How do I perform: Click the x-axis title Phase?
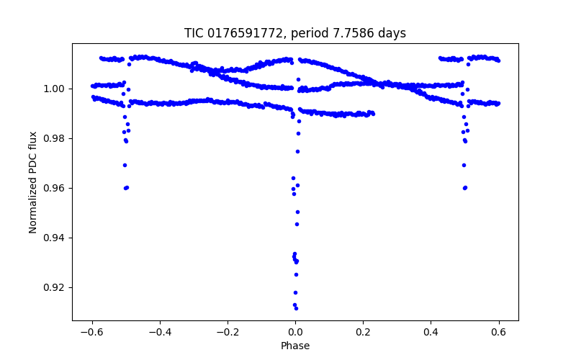click(x=295, y=346)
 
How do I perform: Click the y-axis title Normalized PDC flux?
click(x=33, y=181)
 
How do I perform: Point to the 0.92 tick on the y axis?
click(x=55, y=287)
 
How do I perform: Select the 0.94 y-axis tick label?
click(x=55, y=238)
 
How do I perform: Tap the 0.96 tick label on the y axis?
click(x=55, y=188)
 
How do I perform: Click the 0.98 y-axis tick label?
click(x=55, y=138)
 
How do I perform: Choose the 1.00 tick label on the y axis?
click(x=55, y=89)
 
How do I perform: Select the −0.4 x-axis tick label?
click(x=160, y=333)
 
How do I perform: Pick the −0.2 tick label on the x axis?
click(x=228, y=333)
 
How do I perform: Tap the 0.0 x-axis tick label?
click(x=295, y=333)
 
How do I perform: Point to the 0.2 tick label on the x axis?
click(x=363, y=333)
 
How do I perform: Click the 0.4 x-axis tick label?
click(x=431, y=333)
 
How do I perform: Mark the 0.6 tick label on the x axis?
click(x=498, y=333)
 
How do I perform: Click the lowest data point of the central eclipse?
click(x=296, y=308)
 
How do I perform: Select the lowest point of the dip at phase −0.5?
click(x=125, y=188)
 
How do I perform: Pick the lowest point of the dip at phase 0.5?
click(x=464, y=188)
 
